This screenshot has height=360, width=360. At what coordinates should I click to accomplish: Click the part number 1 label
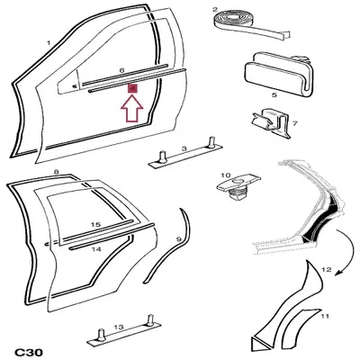[x=49, y=43]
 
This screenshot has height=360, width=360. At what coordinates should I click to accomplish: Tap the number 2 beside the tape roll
[x=215, y=9]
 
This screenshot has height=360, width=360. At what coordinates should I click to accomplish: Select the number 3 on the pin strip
[x=184, y=148]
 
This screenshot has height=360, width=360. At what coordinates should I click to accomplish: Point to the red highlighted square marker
[x=132, y=88]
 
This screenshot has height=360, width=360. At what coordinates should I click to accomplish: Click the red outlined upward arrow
[x=132, y=109]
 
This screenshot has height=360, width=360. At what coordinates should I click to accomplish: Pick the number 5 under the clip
[x=274, y=94]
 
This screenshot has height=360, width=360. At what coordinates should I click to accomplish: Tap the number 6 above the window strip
[x=121, y=70]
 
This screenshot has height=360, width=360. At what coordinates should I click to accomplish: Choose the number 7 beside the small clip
[x=294, y=123]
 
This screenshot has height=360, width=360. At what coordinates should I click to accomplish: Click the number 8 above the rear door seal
[x=56, y=172]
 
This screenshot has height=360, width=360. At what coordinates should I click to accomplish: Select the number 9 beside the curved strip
[x=178, y=239]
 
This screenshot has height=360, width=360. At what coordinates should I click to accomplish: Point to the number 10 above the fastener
[x=226, y=175]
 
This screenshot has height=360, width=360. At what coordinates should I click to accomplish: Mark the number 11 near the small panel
[x=325, y=316]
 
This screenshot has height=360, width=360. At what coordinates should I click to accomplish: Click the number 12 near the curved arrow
[x=326, y=270]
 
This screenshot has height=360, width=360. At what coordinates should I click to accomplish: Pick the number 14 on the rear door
[x=96, y=249]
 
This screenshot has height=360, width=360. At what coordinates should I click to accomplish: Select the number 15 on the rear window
[x=95, y=225]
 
